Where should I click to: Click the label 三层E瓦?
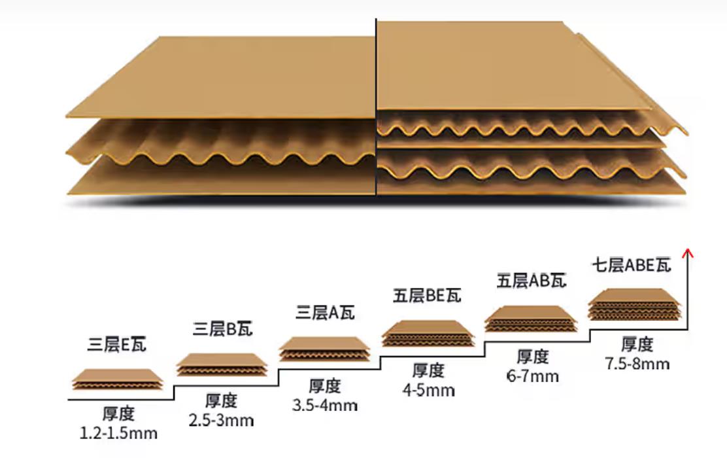pyautogui.click(x=117, y=344)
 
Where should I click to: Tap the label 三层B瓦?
pyautogui.click(x=222, y=328)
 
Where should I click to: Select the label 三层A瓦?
pyautogui.click(x=325, y=312)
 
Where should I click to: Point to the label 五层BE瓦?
pyautogui.click(x=427, y=296)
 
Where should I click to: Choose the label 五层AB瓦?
pyautogui.click(x=532, y=280)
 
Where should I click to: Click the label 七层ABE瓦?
pyautogui.click(x=632, y=265)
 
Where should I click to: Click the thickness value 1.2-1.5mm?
pyautogui.click(x=119, y=433)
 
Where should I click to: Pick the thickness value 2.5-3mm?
pyautogui.click(x=221, y=421)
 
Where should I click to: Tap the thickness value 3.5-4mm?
pyautogui.click(x=324, y=405)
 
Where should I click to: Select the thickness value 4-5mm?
pyautogui.click(x=428, y=390)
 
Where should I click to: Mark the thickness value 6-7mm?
pyautogui.click(x=532, y=376)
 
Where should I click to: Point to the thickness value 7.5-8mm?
pyautogui.click(x=637, y=363)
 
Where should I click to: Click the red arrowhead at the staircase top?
pyautogui.click(x=688, y=253)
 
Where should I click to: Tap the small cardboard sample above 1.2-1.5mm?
pyautogui.click(x=118, y=379)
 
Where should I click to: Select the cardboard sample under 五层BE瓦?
pyautogui.click(x=428, y=333)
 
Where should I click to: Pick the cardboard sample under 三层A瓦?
pyautogui.click(x=324, y=349)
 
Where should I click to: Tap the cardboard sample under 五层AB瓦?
pyautogui.click(x=532, y=319)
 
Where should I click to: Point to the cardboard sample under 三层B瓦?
pyautogui.click(x=222, y=364)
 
